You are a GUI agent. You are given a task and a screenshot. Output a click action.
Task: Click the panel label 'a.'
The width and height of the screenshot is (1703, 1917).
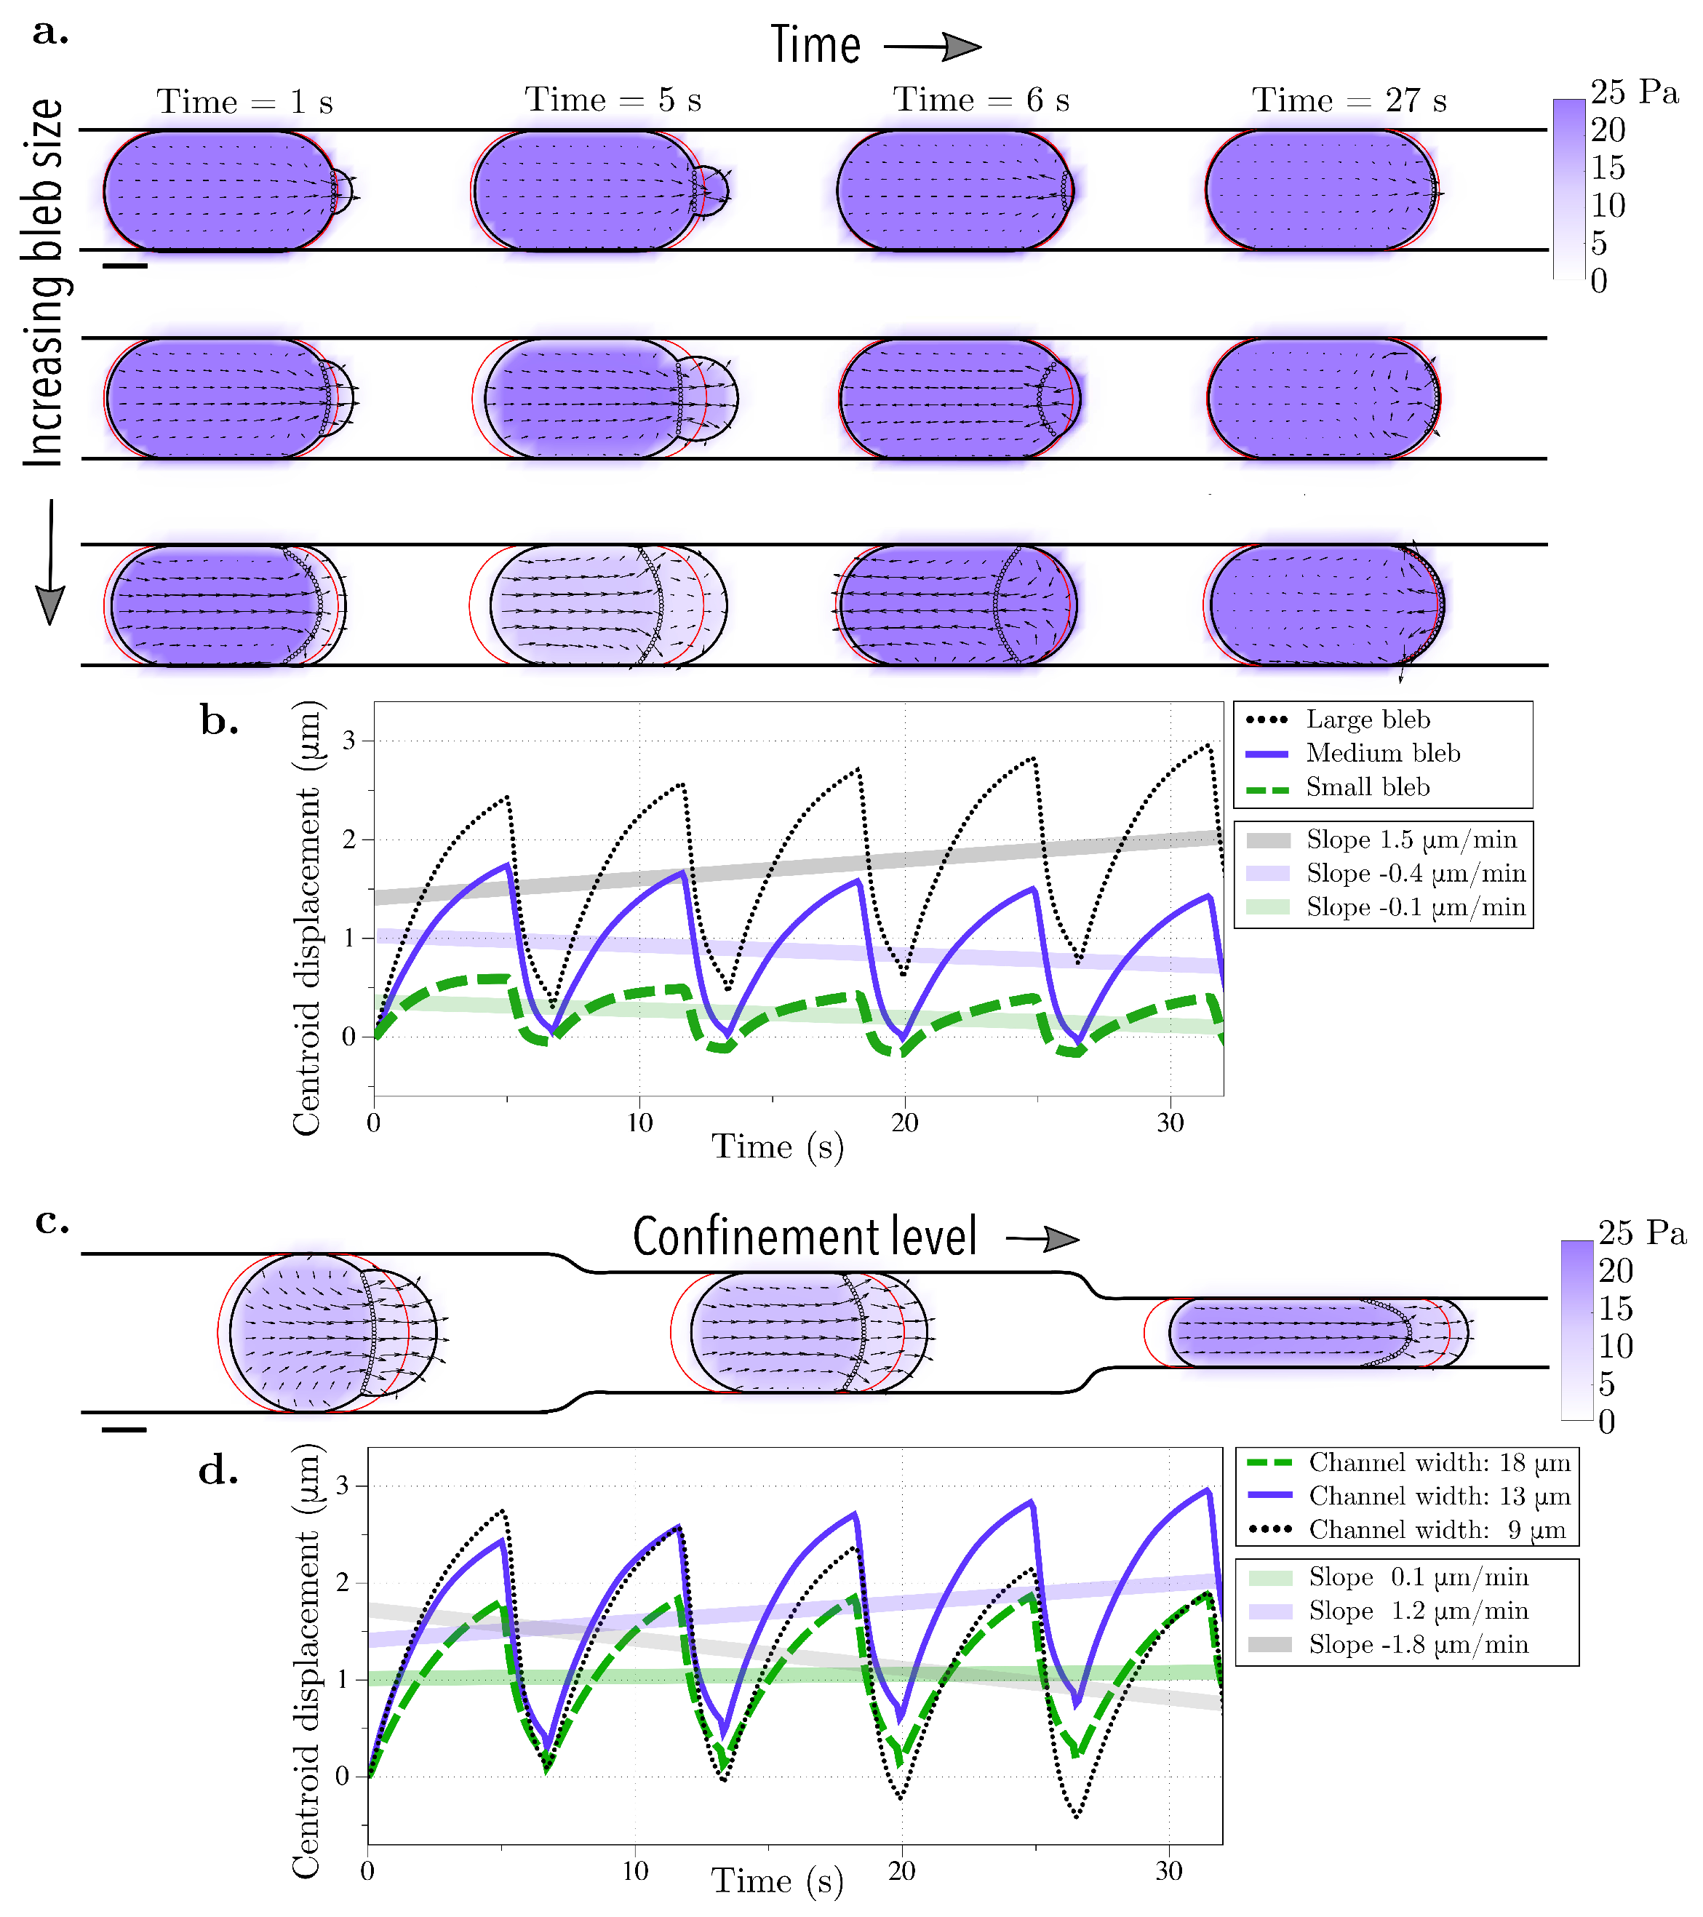click(x=49, y=33)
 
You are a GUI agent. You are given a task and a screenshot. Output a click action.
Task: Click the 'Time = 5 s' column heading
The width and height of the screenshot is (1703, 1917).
click(x=613, y=100)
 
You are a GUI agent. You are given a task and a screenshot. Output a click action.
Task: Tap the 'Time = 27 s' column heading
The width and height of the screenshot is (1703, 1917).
click(x=1349, y=100)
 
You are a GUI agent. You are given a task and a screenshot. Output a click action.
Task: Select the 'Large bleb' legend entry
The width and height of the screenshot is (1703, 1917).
click(x=1368, y=720)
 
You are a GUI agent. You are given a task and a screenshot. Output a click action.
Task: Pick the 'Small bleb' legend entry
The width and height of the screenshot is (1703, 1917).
click(x=1368, y=788)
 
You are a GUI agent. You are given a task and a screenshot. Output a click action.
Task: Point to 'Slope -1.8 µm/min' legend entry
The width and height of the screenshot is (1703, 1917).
click(x=1418, y=1644)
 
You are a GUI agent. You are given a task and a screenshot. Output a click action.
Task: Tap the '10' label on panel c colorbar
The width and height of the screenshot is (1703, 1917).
click(x=1616, y=1347)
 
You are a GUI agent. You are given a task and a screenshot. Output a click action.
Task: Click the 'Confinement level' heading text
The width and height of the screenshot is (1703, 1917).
click(x=805, y=1237)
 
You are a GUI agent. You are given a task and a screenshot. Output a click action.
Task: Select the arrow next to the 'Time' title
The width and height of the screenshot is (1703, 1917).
click(x=933, y=47)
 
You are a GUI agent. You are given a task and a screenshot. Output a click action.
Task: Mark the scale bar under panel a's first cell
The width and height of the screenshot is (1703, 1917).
click(x=124, y=266)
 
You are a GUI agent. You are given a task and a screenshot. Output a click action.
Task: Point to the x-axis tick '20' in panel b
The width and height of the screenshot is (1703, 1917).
click(x=904, y=1123)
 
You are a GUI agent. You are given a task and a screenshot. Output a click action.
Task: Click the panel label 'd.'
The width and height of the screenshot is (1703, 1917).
click(x=218, y=1470)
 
